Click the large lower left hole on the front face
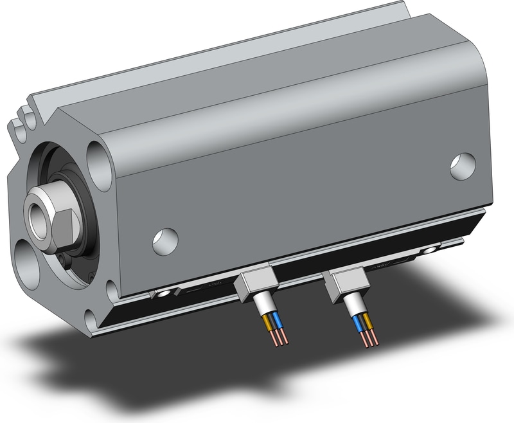29,267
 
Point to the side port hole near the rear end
462,166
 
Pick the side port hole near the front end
164,240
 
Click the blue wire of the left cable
278,320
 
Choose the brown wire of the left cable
268,321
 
